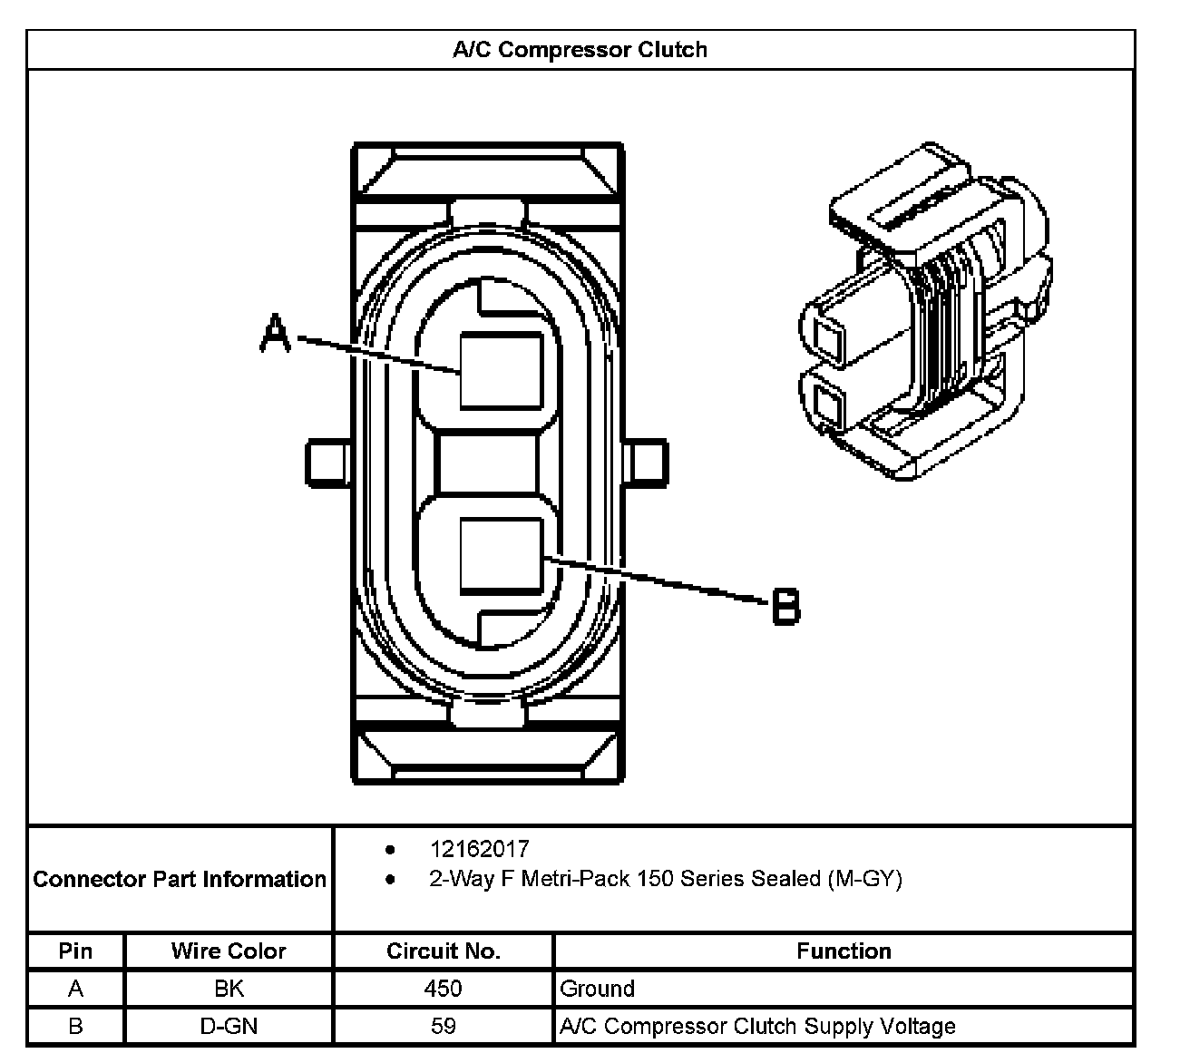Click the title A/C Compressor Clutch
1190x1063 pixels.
coord(580,50)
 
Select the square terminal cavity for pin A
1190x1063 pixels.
coord(502,370)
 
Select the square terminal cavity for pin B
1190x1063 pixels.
coord(502,554)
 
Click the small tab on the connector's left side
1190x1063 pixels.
coord(328,461)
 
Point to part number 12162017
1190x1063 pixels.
coord(479,849)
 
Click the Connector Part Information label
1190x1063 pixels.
coord(180,879)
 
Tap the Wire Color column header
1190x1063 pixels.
coord(229,951)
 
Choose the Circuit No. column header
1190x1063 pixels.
coord(443,951)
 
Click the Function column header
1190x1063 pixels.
coord(844,951)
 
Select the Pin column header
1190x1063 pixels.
coord(75,951)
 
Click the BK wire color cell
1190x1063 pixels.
coord(229,988)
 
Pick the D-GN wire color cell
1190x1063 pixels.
coord(229,1026)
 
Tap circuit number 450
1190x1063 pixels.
coord(443,988)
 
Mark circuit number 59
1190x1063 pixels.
coord(443,1026)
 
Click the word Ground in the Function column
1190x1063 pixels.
coord(598,988)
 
